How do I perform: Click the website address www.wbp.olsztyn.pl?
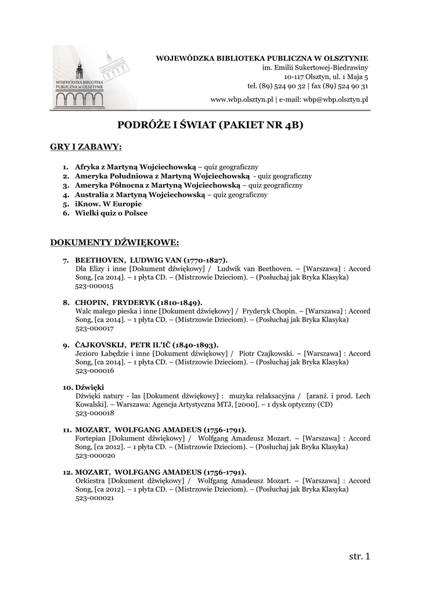[242, 100]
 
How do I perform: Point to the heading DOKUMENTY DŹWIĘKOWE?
[115, 241]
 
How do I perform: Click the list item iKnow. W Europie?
[108, 204]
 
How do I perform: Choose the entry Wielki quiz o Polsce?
[111, 213]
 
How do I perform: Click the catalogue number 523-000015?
[95, 286]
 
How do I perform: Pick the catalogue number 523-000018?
[95, 413]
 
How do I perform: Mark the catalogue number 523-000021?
[95, 498]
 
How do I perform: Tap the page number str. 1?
[359, 557]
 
